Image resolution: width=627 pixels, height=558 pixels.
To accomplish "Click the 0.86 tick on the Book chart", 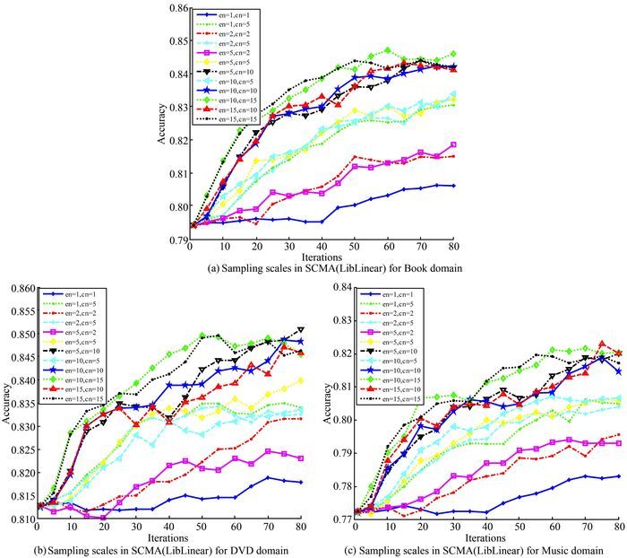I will point(178,9).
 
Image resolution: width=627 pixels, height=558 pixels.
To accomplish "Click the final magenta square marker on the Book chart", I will point(454,144).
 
